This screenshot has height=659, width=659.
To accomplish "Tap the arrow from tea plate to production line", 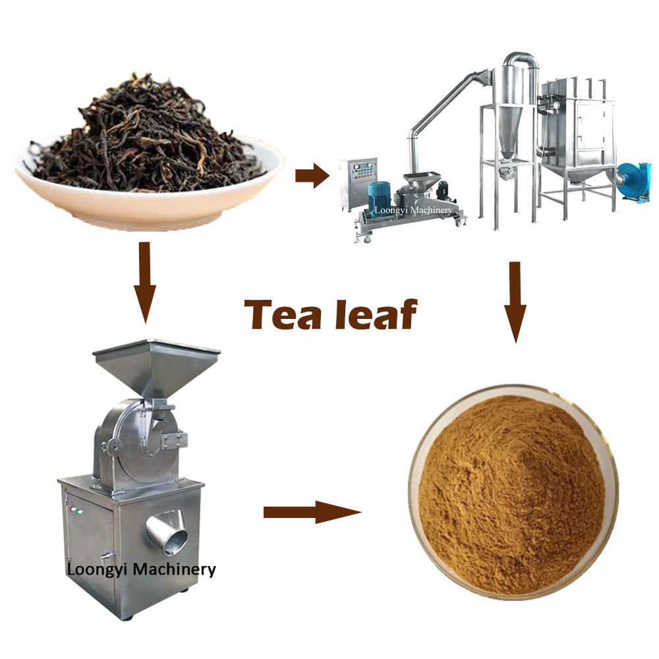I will click(x=311, y=176).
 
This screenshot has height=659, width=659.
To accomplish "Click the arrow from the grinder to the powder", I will click(x=312, y=512).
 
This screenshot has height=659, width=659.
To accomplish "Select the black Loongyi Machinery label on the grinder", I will click(x=141, y=569).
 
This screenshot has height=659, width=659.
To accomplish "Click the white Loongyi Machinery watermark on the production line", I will click(x=413, y=210).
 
